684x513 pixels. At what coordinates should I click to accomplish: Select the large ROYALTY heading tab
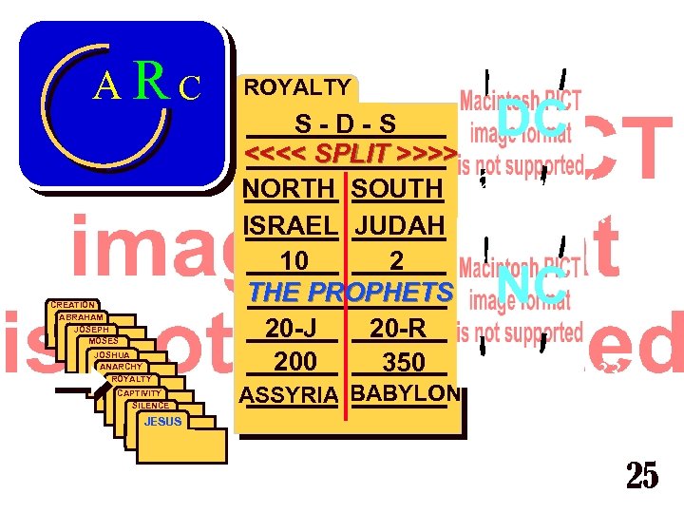(297, 87)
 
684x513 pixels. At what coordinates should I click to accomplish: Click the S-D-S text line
(345, 125)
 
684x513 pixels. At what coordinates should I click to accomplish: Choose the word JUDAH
(400, 226)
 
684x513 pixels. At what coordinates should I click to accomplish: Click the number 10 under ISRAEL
(294, 260)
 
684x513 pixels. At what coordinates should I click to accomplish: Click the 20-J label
(291, 328)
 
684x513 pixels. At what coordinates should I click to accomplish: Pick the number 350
(402, 362)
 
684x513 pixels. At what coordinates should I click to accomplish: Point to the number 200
(295, 361)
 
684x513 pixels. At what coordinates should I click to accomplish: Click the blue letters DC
(532, 120)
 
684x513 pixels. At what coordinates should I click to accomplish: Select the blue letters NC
(532, 284)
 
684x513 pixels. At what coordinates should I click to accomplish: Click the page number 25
(641, 476)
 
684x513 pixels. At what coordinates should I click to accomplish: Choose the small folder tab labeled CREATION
(72, 304)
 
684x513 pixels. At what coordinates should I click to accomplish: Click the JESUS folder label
(163, 421)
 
